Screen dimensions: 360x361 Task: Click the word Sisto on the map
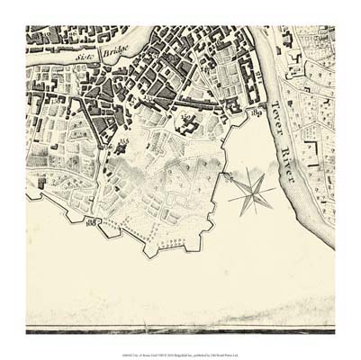click(85, 60)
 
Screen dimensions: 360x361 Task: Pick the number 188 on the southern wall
click(91, 220)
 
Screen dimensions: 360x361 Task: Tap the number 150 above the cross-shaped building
click(187, 115)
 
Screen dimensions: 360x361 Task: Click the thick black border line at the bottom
click(180, 330)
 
